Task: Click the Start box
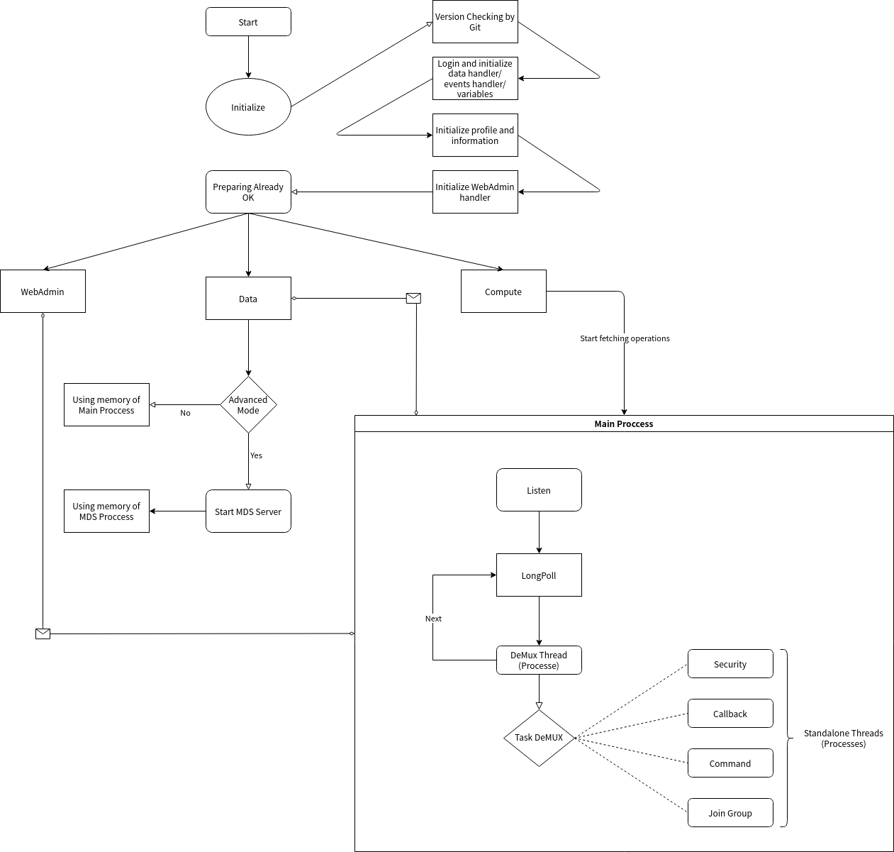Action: tap(248, 22)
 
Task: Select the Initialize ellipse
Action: tap(248, 107)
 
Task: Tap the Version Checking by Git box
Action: tap(475, 22)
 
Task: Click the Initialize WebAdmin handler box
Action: tap(475, 192)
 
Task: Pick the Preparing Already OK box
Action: tap(248, 192)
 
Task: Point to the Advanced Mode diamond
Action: tap(248, 404)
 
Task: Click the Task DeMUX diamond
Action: tap(539, 738)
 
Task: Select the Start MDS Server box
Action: tap(248, 511)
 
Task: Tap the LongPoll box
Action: tap(539, 575)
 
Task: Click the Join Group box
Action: tap(730, 812)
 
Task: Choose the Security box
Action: tap(730, 663)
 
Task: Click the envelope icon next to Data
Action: tap(413, 298)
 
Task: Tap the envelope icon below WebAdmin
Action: tap(43, 634)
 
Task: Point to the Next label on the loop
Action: tap(433, 619)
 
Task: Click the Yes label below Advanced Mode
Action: tap(256, 455)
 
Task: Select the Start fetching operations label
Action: tap(625, 338)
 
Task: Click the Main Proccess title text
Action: tap(624, 424)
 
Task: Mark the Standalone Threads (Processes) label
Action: tap(844, 738)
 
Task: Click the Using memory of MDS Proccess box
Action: tap(106, 511)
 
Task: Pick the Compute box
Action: tap(503, 292)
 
